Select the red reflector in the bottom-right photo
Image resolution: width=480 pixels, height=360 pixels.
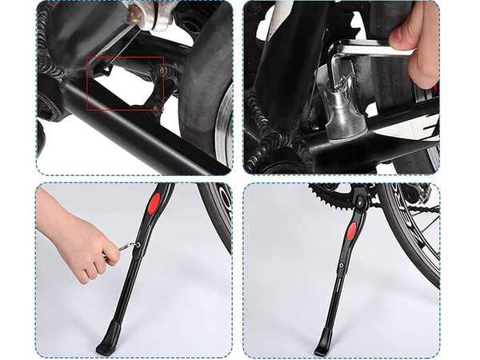(350, 232)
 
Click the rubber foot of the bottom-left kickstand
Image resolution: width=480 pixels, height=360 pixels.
(106, 348)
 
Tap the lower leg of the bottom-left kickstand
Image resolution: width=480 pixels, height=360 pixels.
(120, 304)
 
